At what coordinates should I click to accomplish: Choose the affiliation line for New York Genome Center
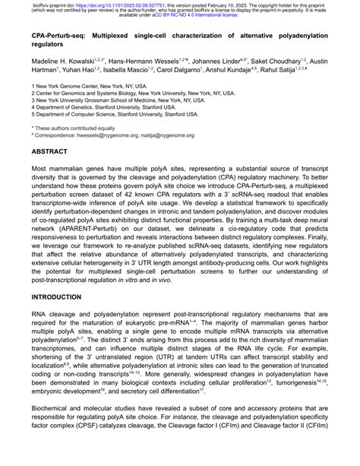click(x=90, y=87)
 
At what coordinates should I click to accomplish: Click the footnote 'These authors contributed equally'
click(x=73, y=129)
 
